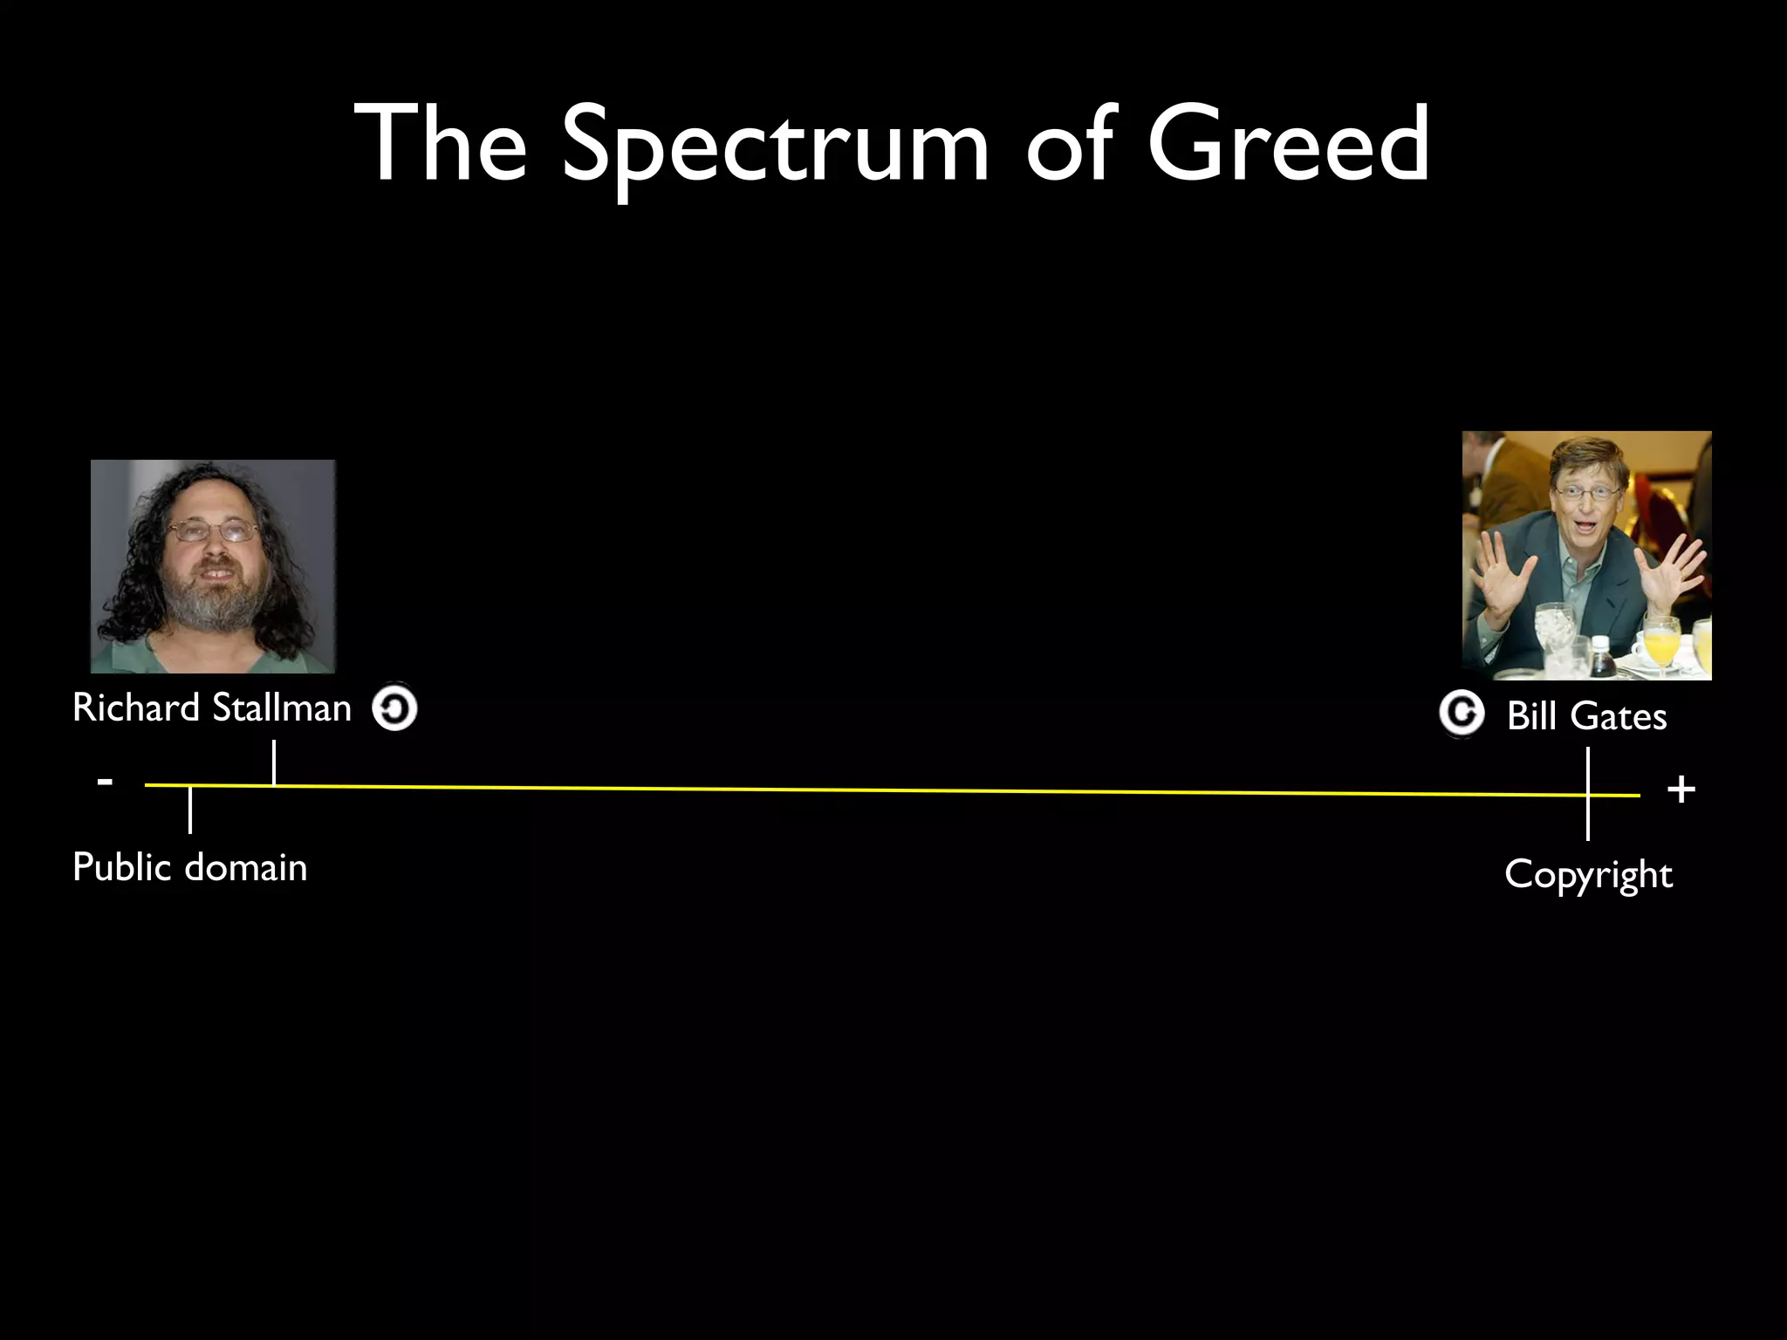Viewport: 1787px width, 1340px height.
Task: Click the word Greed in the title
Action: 1288,144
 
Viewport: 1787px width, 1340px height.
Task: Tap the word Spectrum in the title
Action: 775,148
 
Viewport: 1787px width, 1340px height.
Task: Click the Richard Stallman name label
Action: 212,708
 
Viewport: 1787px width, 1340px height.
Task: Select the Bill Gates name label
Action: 1586,716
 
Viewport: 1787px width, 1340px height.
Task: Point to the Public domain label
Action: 190,867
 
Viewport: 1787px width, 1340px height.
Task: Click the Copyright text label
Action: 1588,874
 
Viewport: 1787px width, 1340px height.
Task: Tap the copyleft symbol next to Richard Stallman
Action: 394,708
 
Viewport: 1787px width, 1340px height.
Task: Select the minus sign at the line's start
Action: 105,781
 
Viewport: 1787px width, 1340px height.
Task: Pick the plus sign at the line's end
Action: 1681,790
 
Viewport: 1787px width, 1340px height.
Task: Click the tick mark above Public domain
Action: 190,810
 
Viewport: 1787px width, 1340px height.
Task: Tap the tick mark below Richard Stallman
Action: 274,762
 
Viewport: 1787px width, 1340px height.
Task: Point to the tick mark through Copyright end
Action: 1588,794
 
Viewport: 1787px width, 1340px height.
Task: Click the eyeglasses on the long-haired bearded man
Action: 214,530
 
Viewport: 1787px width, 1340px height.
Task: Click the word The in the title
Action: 441,144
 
